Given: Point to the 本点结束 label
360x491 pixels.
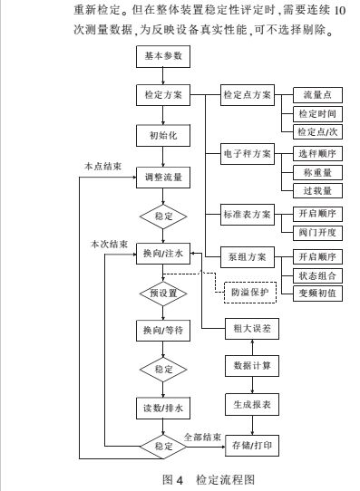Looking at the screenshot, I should pyautogui.click(x=102, y=167).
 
